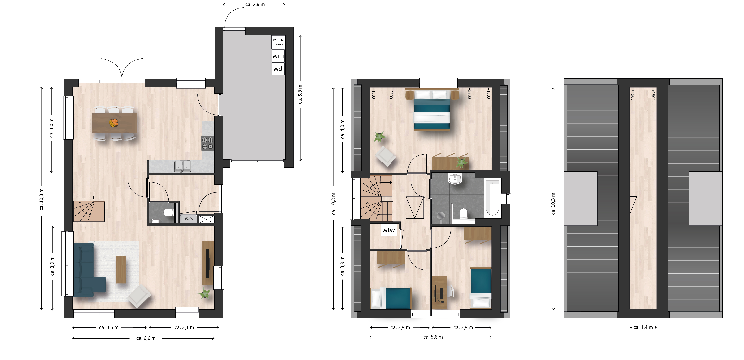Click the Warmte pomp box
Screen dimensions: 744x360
(278, 42)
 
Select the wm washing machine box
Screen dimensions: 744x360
(278, 56)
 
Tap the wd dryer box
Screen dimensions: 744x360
(278, 69)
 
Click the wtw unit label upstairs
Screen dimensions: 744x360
(388, 230)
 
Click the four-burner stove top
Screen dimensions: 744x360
(208, 143)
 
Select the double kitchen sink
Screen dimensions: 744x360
(182, 166)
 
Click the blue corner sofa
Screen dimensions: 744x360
(87, 270)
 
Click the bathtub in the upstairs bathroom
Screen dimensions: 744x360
(493, 198)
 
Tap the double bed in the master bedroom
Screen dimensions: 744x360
(432, 110)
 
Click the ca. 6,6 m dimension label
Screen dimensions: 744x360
(146, 338)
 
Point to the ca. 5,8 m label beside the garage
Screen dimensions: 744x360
(300, 94)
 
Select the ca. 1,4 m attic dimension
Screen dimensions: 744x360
(643, 327)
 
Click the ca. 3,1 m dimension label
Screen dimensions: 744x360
(184, 327)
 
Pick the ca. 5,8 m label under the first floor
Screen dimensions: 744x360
(433, 337)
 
